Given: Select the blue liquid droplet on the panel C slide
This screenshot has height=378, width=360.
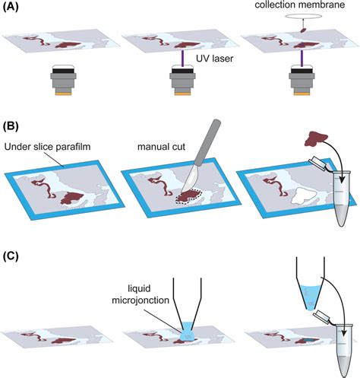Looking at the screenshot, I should click(x=184, y=332).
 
